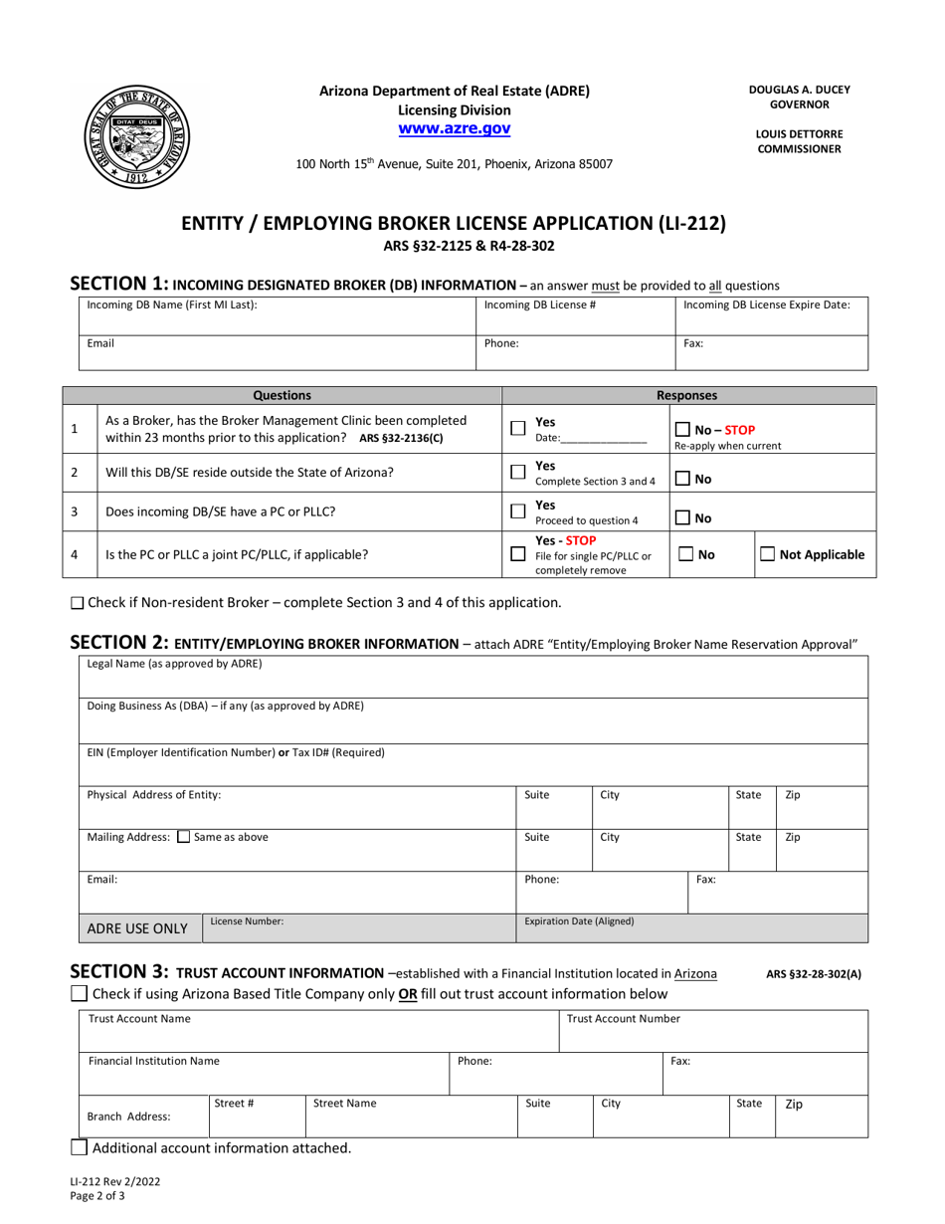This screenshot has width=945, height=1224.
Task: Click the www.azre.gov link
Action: click(455, 128)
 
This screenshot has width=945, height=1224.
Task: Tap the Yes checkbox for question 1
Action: click(517, 428)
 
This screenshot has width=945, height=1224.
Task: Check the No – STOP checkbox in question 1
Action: click(682, 429)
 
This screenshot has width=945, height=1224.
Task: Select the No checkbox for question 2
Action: click(682, 480)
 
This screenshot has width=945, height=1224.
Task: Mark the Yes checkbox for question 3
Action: click(517, 511)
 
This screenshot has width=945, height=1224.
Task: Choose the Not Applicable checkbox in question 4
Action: click(768, 554)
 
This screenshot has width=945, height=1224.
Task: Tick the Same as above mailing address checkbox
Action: click(183, 837)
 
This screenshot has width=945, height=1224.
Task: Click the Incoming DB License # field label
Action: click(539, 305)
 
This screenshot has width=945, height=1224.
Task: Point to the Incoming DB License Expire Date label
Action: click(766, 305)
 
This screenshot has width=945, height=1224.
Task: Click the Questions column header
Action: click(283, 395)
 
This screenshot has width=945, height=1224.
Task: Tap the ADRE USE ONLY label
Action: click(138, 928)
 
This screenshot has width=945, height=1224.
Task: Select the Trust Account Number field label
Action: click(624, 1018)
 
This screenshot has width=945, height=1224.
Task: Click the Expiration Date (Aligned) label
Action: click(579, 921)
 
